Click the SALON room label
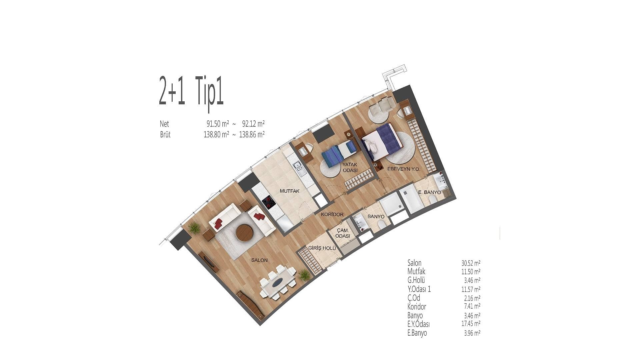pos(259,260)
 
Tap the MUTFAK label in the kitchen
pos(290,191)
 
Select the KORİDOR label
pos(332,215)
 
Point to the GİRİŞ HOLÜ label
pos(322,248)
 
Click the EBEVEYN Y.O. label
pos(404,169)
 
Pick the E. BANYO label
pos(430,192)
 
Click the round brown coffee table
pos(244,232)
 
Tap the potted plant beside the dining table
pos(304,275)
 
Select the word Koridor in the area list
pos(417,306)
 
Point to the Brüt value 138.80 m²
pos(216,135)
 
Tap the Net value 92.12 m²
pos(253,124)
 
